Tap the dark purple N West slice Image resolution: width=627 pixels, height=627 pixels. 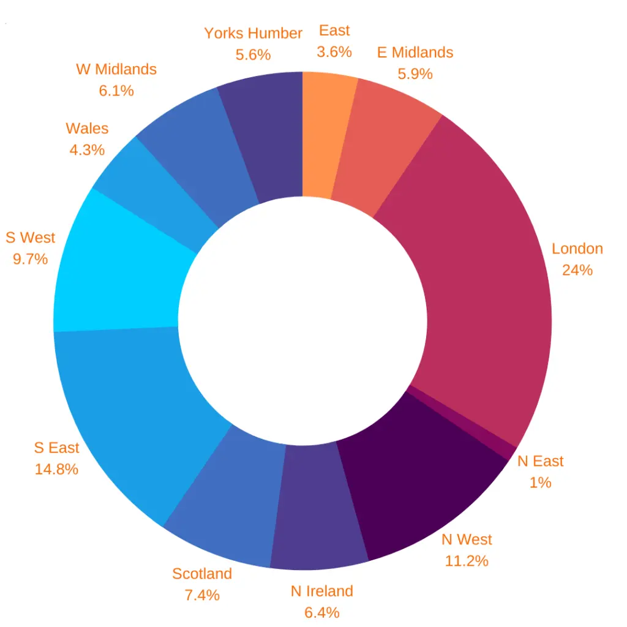click(x=422, y=484)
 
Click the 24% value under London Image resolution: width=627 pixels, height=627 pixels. click(x=577, y=270)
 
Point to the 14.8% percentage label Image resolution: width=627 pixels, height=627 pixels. click(x=56, y=470)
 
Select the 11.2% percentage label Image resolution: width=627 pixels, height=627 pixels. click(x=467, y=560)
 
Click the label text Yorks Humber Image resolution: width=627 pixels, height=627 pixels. click(x=253, y=33)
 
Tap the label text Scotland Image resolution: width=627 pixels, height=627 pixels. click(x=202, y=574)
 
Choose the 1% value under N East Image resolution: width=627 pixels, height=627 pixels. click(x=540, y=482)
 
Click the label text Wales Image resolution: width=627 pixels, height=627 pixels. click(x=87, y=129)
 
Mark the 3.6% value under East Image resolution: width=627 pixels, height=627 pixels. click(x=334, y=52)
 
